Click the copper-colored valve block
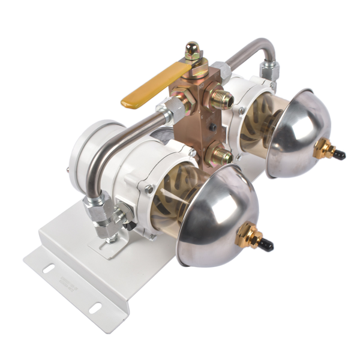(196, 111)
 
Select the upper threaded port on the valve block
(222, 98)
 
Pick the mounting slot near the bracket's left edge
(47, 268)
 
